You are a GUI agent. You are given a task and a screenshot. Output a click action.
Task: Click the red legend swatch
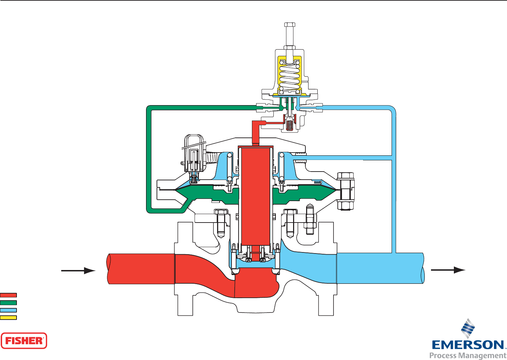(x=8, y=295)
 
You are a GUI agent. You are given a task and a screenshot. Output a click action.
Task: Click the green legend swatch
(x=8, y=303)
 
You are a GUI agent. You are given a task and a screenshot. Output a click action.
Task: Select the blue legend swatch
(x=8, y=310)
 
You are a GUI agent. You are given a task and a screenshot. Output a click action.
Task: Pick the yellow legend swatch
(x=8, y=317)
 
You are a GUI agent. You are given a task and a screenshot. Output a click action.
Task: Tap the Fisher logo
(x=24, y=341)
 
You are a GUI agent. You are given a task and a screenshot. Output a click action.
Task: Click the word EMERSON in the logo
(x=468, y=345)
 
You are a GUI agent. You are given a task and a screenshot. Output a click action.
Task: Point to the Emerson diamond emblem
(x=468, y=328)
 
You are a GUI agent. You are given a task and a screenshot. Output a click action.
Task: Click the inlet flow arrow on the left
(x=78, y=271)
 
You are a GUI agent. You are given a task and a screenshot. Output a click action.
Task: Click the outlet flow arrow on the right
(x=448, y=270)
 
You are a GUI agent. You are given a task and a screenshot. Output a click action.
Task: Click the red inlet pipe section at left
(x=141, y=269)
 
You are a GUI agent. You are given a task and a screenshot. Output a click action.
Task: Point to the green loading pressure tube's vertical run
(x=149, y=158)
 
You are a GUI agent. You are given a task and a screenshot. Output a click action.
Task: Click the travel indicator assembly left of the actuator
(x=193, y=155)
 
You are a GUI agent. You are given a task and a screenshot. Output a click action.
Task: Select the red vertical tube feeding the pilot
(x=256, y=133)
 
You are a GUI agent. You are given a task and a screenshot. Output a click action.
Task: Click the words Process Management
(x=468, y=355)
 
